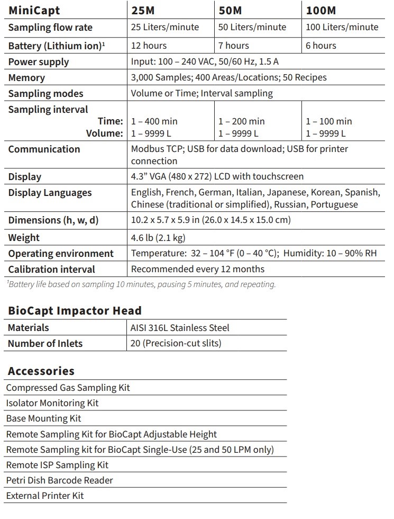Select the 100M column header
(321, 10)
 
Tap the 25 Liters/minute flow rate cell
(165, 27)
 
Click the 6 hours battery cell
(321, 46)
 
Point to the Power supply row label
(39, 62)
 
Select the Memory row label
(26, 78)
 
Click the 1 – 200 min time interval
(242, 121)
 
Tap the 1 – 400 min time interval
(154, 121)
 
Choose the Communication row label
(44, 149)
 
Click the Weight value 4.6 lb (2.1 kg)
(158, 238)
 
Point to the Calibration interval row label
(51, 269)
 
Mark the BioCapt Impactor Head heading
(75, 311)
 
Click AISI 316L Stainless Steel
(180, 328)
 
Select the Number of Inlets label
(45, 343)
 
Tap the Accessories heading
(41, 371)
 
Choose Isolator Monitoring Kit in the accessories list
(52, 403)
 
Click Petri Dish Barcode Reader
(59, 480)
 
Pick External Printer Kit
(45, 496)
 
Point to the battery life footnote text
(141, 284)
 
